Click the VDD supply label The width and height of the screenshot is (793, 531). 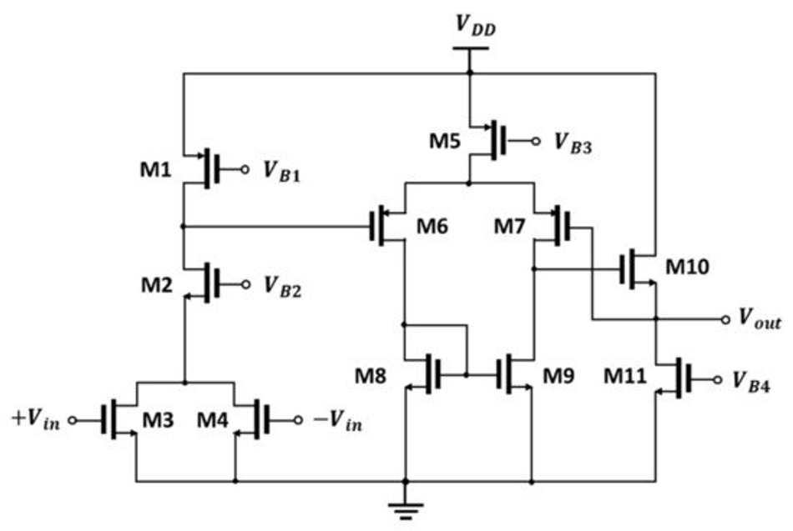coord(476,25)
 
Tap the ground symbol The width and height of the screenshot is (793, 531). coord(405,511)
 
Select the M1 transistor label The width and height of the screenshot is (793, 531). coord(156,170)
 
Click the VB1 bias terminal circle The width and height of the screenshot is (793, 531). coord(245,170)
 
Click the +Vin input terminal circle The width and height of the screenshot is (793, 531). coord(73,420)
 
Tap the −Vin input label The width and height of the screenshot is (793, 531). coord(338,420)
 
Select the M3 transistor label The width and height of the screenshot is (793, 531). coord(158,420)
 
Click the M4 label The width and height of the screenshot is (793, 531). coord(213,420)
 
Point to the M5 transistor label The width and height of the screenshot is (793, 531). coord(445,141)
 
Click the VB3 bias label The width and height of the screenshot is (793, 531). coord(573,143)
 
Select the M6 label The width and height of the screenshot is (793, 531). coord(432,226)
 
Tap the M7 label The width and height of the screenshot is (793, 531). coord(510,226)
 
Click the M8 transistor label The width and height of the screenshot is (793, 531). coord(371,375)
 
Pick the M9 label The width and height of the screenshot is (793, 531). coord(558,375)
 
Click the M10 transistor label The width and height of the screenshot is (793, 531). coord(687,266)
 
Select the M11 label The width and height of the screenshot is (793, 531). coord(625,375)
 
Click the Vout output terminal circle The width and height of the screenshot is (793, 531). coord(725,319)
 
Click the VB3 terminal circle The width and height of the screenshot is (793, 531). coord(536,141)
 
